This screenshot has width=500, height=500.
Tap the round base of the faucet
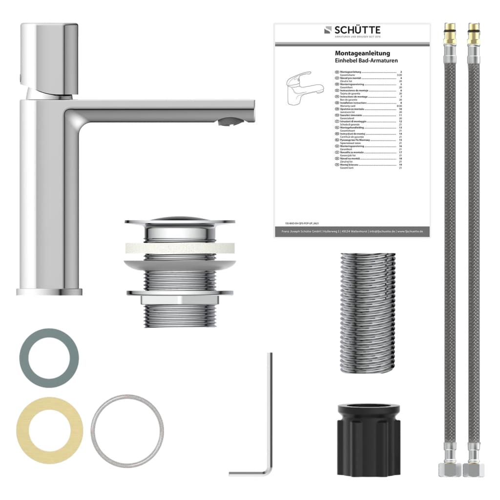[50, 292]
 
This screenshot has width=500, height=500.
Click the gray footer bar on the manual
[352, 231]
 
